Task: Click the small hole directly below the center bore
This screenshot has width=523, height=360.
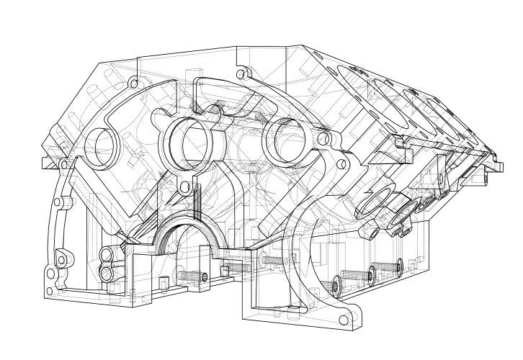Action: pos(184,189)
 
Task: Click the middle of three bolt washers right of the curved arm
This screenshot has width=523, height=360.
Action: pos(372,272)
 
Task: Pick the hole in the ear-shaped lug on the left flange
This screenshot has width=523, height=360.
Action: pos(61,258)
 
